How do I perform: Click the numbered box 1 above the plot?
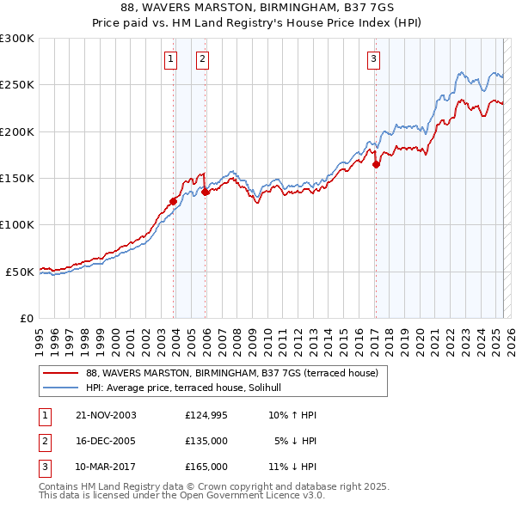[170, 59]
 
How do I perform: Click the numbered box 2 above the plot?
[201, 59]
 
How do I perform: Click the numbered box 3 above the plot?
[374, 59]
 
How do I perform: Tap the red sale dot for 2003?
[174, 201]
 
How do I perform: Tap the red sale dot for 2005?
[206, 192]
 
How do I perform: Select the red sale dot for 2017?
[377, 164]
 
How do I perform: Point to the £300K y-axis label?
[16, 39]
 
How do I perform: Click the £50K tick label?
[20, 272]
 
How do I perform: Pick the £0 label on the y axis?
[27, 318]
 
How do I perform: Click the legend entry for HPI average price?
[189, 388]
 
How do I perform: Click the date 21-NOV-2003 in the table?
[106, 415]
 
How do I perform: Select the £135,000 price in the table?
[206, 441]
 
